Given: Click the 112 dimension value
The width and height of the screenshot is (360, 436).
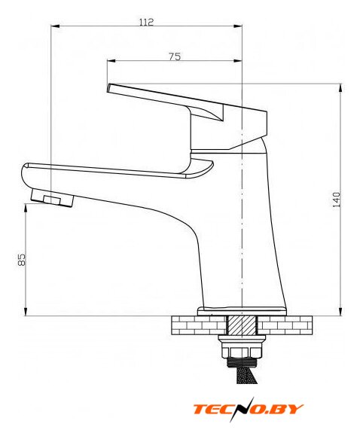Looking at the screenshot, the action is point(146,22).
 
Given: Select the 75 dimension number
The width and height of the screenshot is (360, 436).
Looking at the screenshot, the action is point(175,56).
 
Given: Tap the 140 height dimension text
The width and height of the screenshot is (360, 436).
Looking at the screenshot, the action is point(336,200).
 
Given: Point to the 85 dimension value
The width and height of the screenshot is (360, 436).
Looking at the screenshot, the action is point(21,260).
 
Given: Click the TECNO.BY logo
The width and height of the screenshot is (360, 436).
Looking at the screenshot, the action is point(249,409).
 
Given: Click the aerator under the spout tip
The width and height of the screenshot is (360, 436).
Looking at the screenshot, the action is point(52,198).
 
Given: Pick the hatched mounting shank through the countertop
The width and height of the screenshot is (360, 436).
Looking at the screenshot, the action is point(242,325).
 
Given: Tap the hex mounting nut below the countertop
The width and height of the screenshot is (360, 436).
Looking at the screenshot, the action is point(242,352).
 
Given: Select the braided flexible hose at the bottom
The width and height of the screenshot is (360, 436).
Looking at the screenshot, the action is point(243,375).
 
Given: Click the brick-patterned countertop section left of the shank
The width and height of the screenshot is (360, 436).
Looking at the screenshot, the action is point(199,325).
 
